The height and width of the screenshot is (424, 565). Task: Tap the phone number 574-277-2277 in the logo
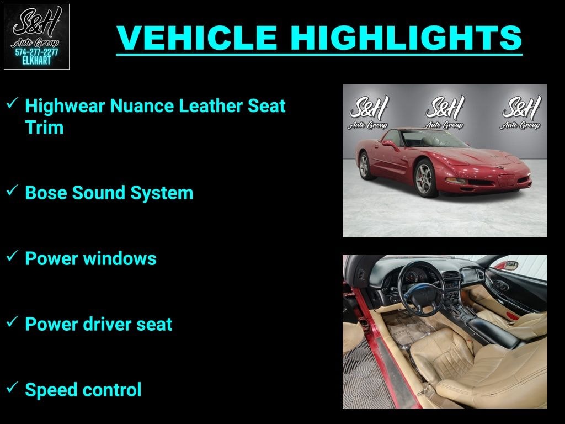pos(36,52)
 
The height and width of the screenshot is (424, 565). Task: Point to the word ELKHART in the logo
pos(36,61)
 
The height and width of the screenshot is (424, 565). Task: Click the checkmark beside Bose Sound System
pos(12,190)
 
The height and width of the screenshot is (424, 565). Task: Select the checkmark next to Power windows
pos(12,256)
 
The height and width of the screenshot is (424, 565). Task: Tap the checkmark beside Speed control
pos(12,388)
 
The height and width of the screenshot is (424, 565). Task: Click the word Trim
pos(44,128)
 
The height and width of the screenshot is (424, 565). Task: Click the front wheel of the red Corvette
pos(427,178)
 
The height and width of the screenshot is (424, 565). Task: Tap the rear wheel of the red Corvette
pos(365,165)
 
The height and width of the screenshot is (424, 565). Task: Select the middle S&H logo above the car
pos(445,112)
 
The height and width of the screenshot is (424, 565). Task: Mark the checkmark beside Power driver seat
pos(12,322)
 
